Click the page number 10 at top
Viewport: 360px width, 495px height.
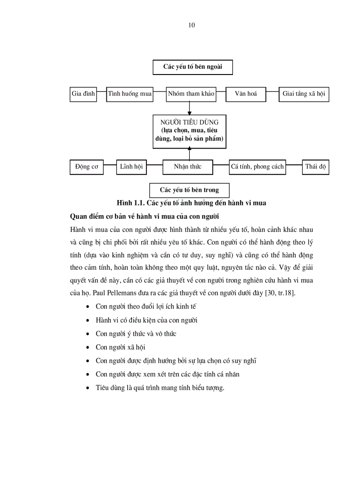191,25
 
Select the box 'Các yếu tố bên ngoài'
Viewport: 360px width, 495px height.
192,68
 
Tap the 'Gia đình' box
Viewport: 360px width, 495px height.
83,94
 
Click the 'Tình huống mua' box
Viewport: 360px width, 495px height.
129,94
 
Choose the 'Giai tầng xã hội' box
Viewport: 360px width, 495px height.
304,94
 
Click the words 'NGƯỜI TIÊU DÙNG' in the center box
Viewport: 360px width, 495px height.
190,122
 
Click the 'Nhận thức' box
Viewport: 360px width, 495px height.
187,167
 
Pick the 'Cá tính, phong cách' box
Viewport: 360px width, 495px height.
257,167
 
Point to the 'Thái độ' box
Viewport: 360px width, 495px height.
316,167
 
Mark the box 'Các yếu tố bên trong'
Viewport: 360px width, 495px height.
189,190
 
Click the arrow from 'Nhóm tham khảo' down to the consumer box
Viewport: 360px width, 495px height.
190,108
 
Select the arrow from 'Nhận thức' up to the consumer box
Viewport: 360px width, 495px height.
190,153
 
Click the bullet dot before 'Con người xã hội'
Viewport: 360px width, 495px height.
90,347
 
